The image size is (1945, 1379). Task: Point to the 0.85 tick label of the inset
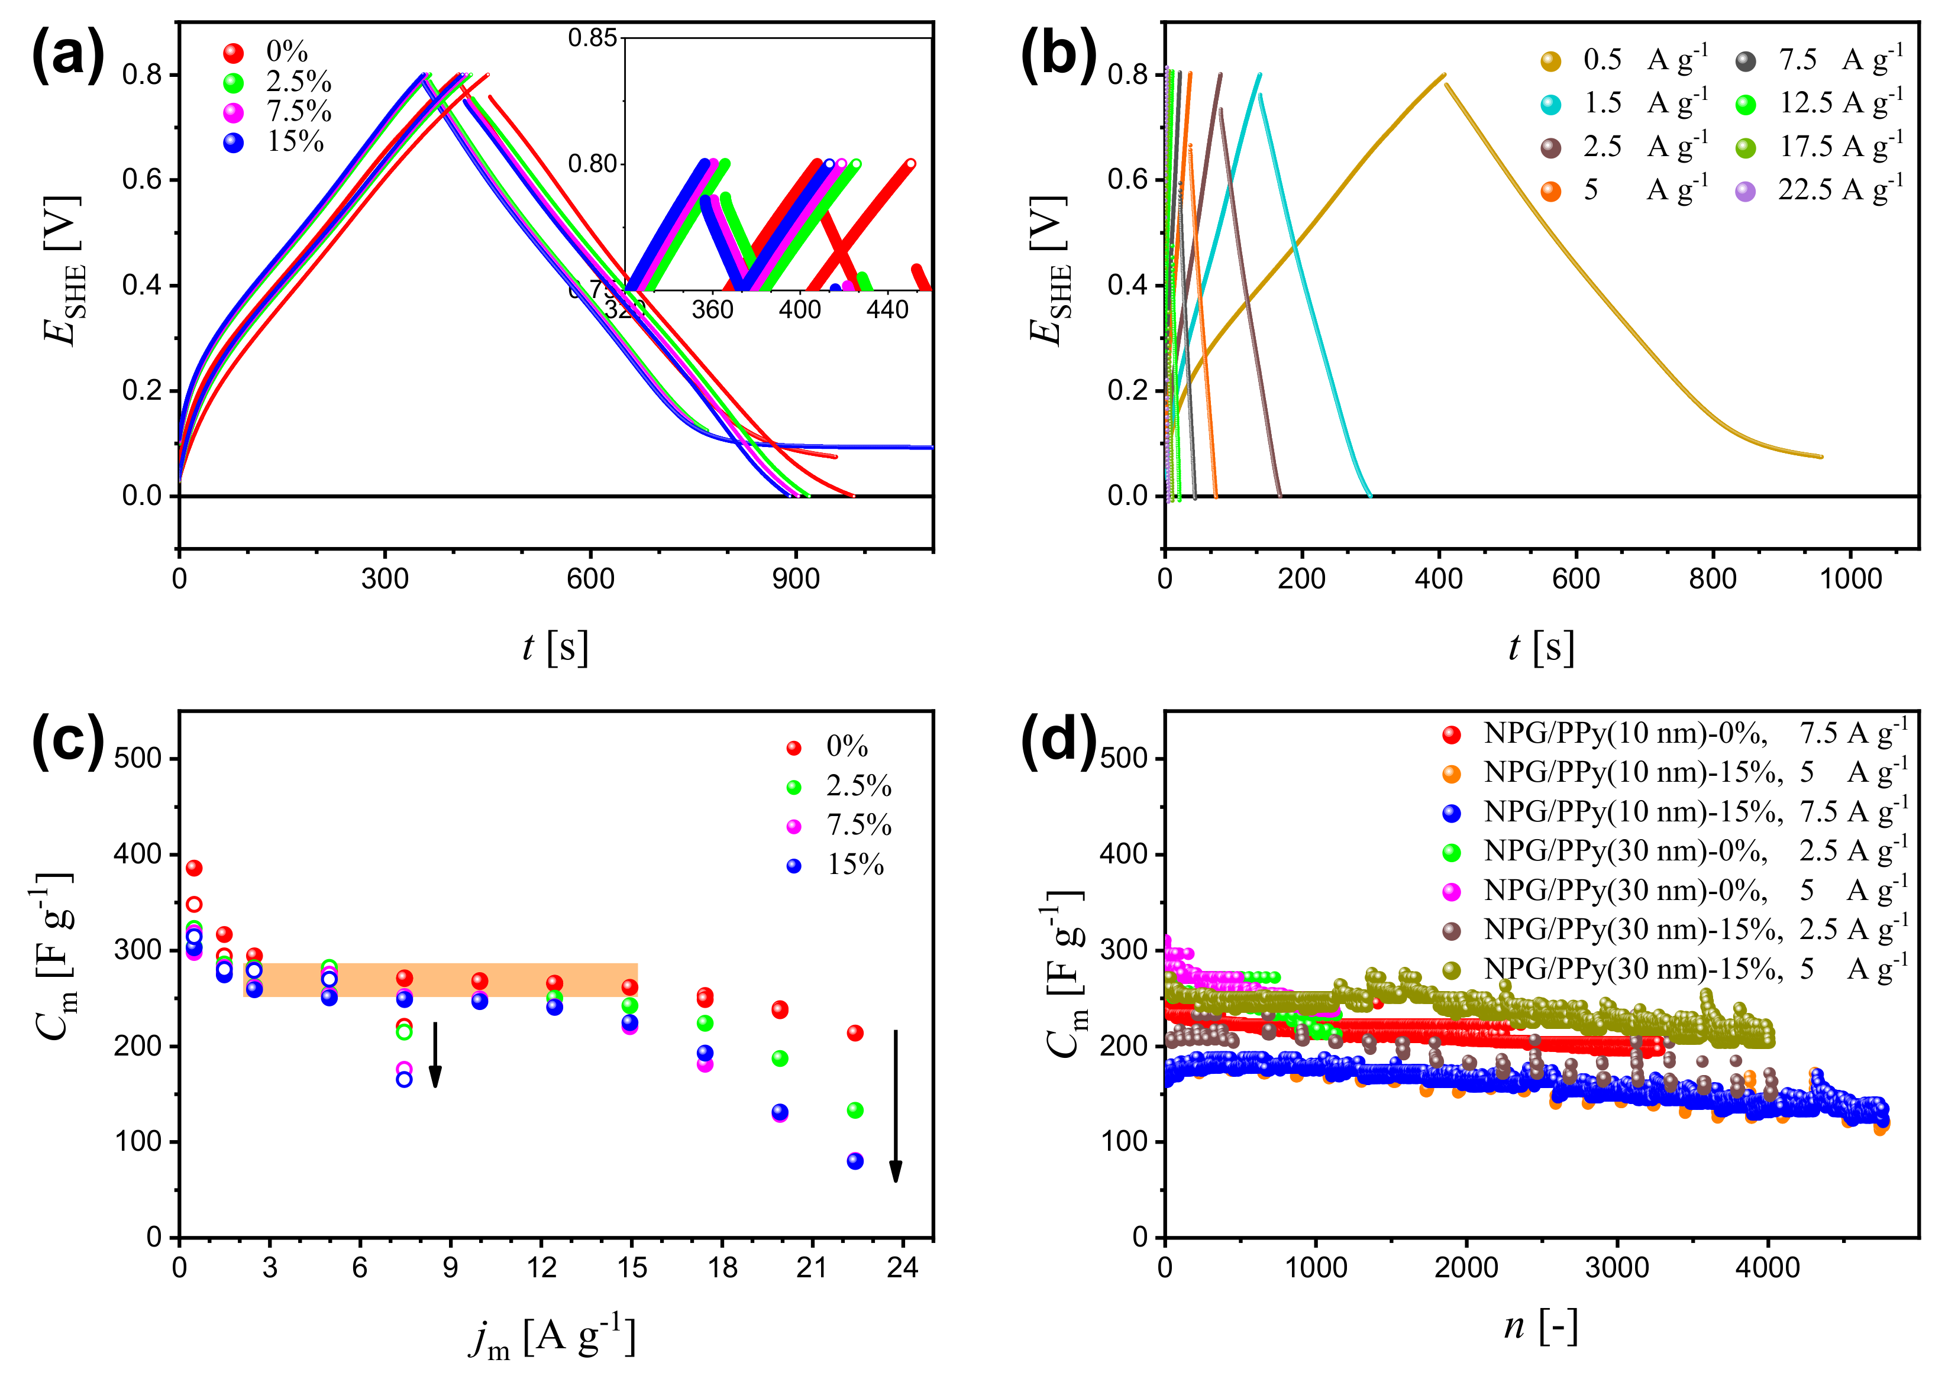click(x=592, y=38)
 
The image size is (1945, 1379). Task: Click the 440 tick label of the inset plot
click(x=887, y=310)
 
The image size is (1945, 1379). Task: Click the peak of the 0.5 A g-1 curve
click(x=1444, y=75)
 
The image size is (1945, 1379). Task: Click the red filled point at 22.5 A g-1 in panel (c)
click(x=855, y=1034)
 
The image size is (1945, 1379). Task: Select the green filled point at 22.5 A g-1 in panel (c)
click(x=855, y=1111)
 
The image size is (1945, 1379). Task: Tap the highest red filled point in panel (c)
click(x=193, y=868)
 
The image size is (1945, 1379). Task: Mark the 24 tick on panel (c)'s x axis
click(x=902, y=1268)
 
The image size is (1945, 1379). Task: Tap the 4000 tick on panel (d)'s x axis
click(x=1768, y=1268)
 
